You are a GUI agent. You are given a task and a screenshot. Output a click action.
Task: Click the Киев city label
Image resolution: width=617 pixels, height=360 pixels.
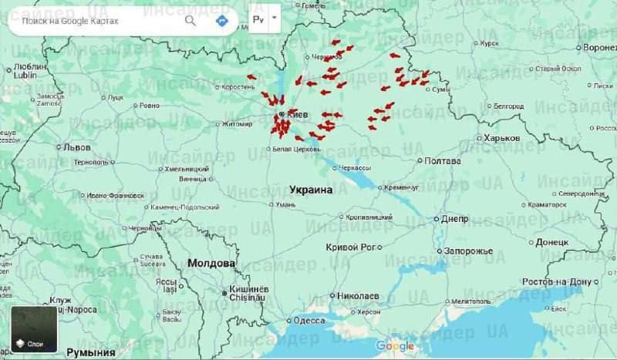point(297,115)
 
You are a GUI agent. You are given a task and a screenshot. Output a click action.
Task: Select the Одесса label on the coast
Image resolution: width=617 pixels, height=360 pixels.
point(308,320)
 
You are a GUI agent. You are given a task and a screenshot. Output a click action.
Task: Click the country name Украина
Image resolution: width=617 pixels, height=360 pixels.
point(311,189)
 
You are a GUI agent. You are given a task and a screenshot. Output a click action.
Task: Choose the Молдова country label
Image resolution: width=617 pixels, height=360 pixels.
point(211,264)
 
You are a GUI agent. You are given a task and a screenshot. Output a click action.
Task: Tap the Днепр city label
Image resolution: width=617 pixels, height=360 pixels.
point(454,218)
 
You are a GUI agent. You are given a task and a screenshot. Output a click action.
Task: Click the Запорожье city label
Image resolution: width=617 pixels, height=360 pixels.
point(467,251)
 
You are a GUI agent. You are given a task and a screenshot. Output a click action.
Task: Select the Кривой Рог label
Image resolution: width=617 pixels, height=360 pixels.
point(350,247)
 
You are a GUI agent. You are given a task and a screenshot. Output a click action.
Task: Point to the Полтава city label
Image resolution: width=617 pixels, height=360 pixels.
point(443,161)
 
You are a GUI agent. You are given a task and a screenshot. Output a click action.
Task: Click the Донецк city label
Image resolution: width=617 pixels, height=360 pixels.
point(551,242)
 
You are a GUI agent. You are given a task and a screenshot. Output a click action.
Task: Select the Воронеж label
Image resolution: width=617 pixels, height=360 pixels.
point(599,48)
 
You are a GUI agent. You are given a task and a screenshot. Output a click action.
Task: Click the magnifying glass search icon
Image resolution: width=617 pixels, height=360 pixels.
point(190,21)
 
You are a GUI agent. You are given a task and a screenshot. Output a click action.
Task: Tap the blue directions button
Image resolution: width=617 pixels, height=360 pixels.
point(223,21)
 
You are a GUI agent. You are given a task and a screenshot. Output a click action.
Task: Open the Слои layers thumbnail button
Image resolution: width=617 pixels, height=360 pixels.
point(34,329)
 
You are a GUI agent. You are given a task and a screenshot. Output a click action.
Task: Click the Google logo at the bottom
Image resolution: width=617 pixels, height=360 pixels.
point(395,346)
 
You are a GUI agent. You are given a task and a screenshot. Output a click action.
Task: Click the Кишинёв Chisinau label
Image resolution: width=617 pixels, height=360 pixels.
point(246,294)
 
